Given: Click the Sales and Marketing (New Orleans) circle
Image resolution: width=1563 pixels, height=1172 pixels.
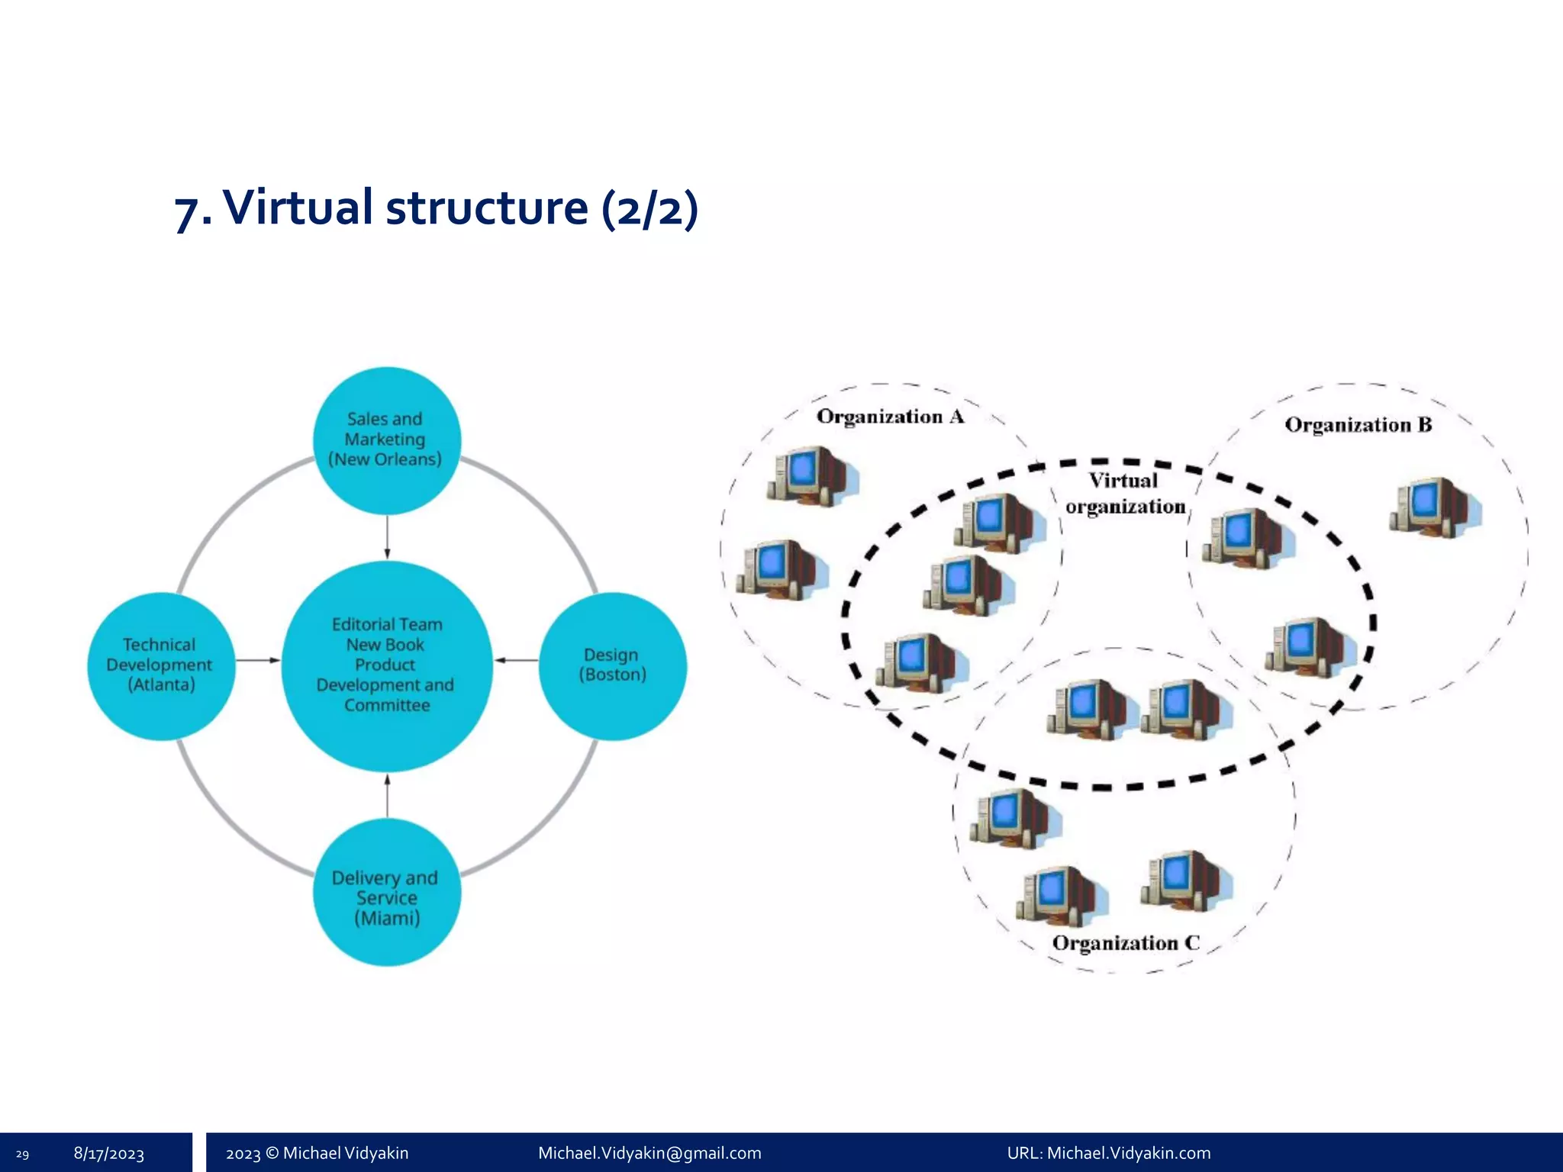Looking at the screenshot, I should click(387, 440).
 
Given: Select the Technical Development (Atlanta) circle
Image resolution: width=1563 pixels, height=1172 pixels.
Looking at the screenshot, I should click(161, 665).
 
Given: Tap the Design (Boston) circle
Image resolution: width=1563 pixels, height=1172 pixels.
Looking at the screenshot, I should click(613, 665).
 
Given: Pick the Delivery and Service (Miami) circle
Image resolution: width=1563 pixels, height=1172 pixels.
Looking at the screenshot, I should click(387, 891).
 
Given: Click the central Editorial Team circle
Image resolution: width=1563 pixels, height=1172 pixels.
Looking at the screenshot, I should click(387, 665).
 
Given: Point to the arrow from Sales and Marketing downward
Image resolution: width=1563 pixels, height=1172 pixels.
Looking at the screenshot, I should click(387, 537).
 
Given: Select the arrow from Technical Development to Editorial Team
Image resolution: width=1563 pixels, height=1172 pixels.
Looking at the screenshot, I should click(258, 660).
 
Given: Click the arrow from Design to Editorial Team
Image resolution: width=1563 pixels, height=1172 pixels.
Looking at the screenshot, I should click(517, 660).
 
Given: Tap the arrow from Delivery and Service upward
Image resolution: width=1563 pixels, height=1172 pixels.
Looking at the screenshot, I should click(387, 796).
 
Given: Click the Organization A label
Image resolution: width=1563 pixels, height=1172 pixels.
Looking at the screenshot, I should click(890, 417).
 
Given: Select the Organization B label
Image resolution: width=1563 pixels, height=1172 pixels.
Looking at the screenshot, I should click(1358, 425).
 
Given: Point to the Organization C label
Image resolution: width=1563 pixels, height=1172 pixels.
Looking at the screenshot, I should click(1126, 943).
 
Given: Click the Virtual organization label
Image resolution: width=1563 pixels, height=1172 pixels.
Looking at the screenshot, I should click(1125, 494).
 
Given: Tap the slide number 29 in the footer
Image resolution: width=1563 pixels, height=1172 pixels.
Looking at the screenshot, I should click(22, 1154).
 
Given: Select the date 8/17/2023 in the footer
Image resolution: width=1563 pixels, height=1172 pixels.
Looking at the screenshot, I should click(109, 1154).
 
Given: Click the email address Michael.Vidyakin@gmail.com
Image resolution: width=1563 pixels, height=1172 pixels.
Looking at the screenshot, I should click(649, 1153).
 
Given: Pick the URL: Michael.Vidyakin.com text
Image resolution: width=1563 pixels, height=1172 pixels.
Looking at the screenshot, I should click(1108, 1153).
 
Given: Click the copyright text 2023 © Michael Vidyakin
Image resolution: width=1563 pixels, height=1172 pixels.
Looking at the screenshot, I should click(317, 1153).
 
